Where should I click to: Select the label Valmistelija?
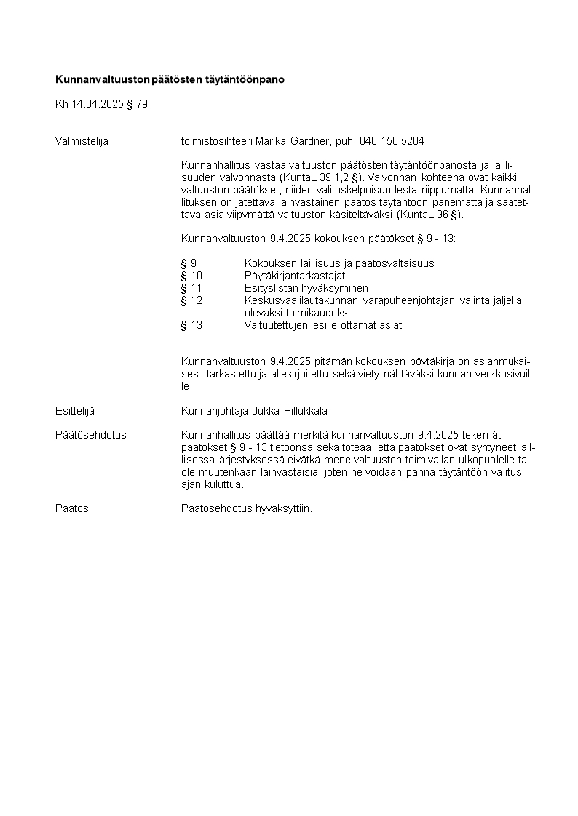coord(82,141)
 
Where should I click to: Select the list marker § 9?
coord(189,263)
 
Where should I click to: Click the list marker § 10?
coord(191,276)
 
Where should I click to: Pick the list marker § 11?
coord(191,288)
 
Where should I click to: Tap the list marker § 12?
coord(191,300)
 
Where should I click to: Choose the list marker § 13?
coord(191,325)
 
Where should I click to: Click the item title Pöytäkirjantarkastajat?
coord(295,276)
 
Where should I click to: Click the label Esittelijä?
coord(75,411)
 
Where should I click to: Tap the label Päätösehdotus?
coord(90,435)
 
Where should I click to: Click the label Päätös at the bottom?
coord(71,508)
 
